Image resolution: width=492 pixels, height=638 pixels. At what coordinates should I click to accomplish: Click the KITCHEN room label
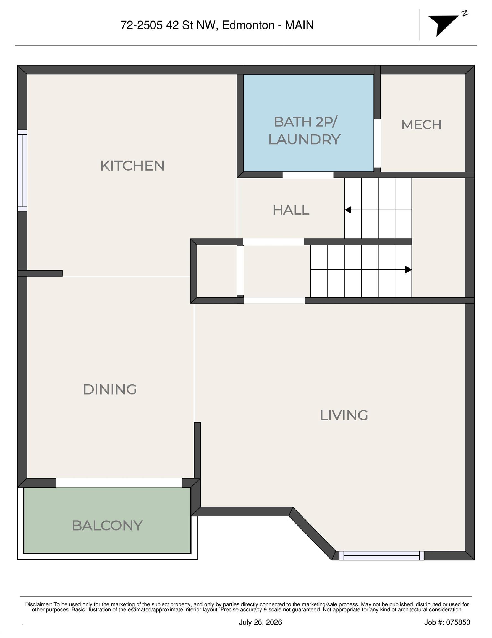pyautogui.click(x=132, y=166)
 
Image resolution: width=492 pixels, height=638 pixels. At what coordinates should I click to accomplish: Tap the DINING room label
pyautogui.click(x=110, y=389)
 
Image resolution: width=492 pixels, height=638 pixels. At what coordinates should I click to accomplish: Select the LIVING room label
pyautogui.click(x=344, y=415)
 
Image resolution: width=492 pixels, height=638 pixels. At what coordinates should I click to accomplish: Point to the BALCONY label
pyautogui.click(x=107, y=526)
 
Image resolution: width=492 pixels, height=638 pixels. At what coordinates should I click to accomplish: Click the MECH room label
pyautogui.click(x=422, y=125)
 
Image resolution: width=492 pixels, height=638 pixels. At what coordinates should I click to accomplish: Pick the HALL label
pyautogui.click(x=291, y=210)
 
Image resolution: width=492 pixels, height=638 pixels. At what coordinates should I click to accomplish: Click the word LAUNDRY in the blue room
pyautogui.click(x=305, y=139)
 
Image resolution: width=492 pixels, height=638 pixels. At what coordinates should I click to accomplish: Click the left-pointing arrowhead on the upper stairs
pyautogui.click(x=348, y=210)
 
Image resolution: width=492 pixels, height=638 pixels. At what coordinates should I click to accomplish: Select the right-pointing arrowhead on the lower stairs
pyautogui.click(x=408, y=270)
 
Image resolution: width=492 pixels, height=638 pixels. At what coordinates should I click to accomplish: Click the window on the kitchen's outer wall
pyautogui.click(x=22, y=170)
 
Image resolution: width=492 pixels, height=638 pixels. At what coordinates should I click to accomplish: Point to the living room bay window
pyautogui.click(x=381, y=556)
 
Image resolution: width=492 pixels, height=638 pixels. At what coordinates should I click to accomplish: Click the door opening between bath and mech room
pyautogui.click(x=377, y=143)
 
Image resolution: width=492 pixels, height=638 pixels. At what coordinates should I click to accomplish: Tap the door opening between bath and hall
pyautogui.click(x=308, y=175)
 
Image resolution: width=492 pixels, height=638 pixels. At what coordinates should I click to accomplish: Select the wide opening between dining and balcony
pyautogui.click(x=119, y=483)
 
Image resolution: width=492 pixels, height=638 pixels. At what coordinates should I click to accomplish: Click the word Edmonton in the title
pyautogui.click(x=248, y=25)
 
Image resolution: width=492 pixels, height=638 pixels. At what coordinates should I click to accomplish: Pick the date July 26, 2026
pyautogui.click(x=260, y=622)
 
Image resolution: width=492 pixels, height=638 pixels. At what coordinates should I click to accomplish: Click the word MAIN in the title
pyautogui.click(x=299, y=25)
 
